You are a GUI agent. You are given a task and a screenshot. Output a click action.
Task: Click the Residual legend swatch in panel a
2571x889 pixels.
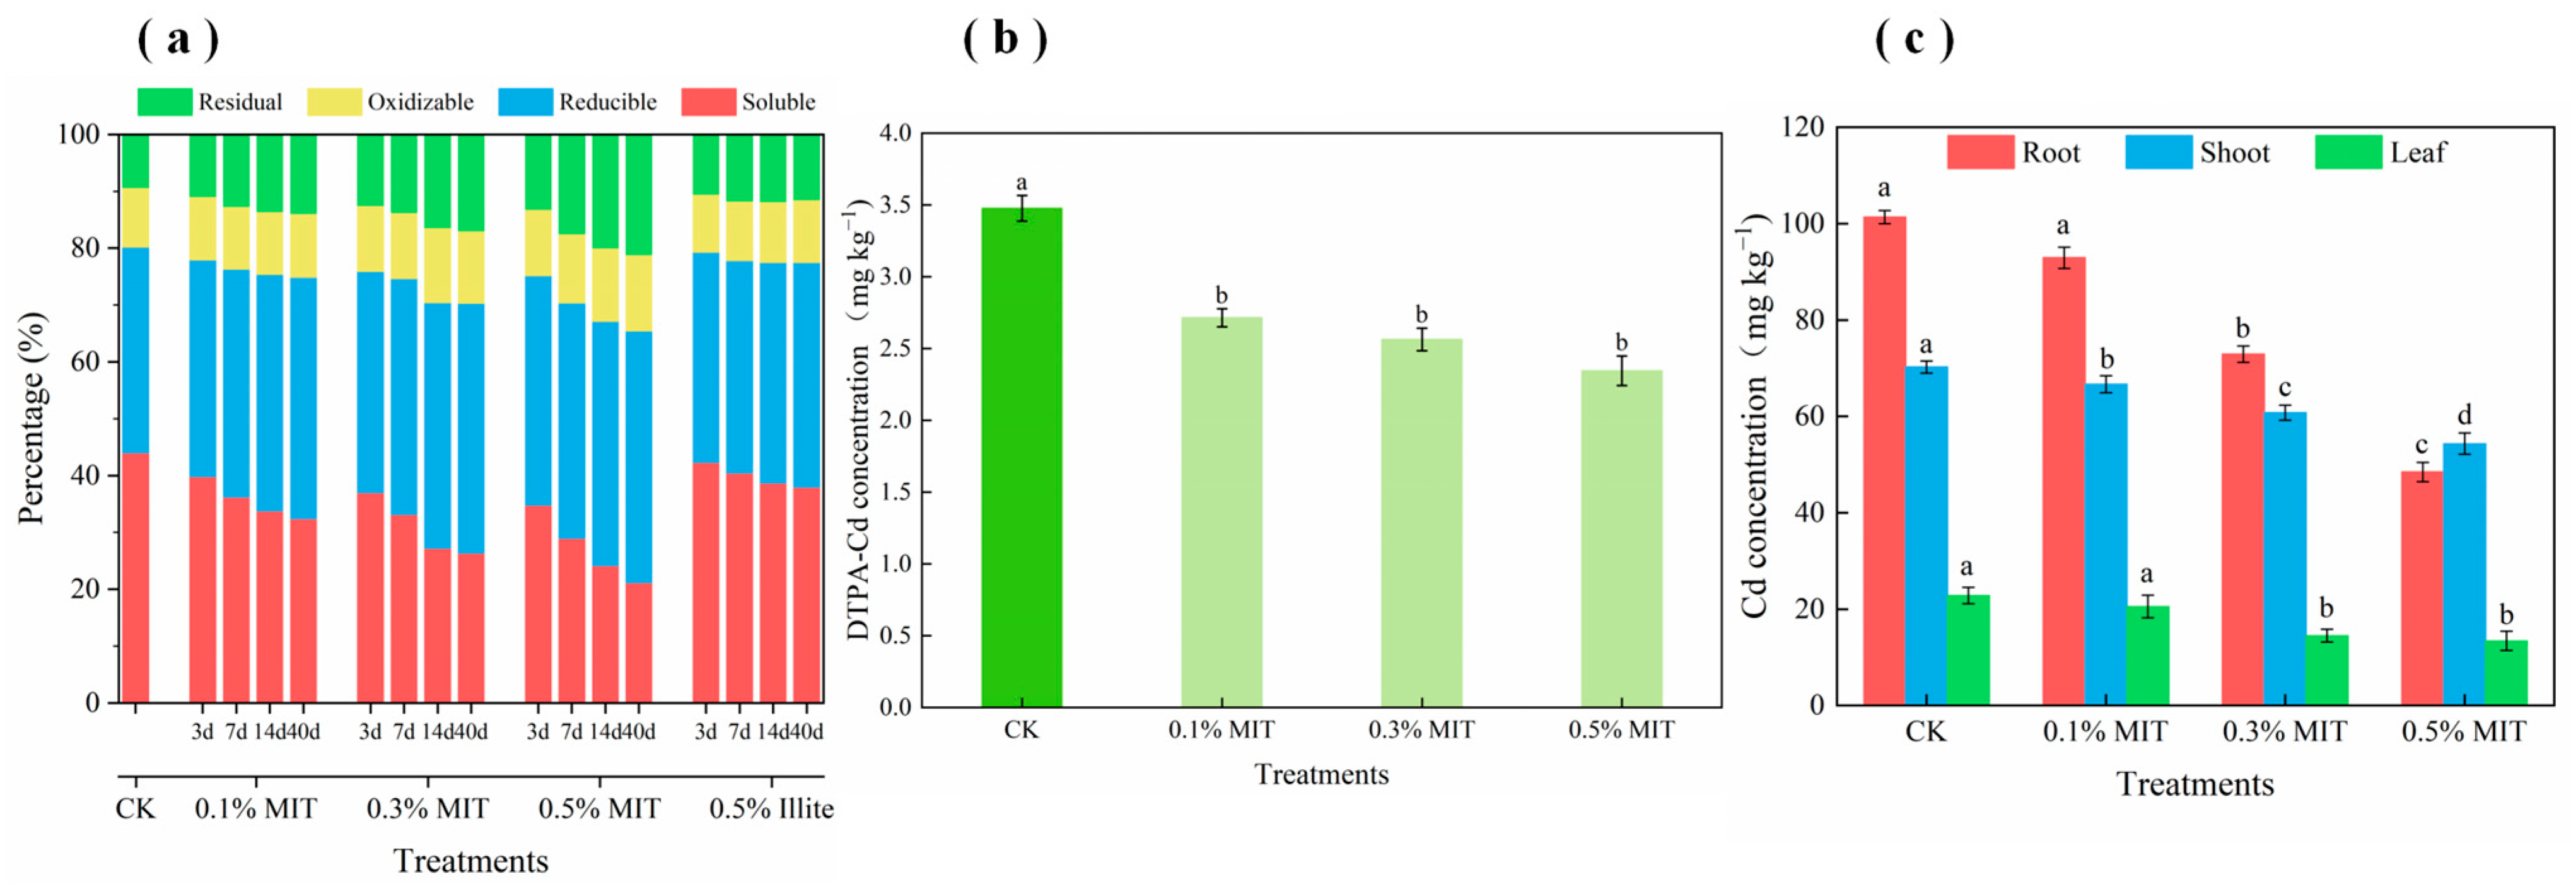tap(165, 102)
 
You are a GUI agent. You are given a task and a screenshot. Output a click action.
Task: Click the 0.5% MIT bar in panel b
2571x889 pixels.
tap(1621, 539)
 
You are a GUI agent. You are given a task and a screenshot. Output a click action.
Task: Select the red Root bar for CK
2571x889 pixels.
tap(1884, 459)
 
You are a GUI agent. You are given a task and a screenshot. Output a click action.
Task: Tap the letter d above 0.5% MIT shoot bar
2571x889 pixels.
tap(2464, 415)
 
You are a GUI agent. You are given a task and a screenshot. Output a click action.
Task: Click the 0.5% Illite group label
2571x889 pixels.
tap(771, 808)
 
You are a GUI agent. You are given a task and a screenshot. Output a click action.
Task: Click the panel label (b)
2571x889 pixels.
tap(1005, 40)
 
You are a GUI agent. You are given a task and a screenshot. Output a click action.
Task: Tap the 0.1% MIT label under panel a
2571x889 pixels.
tap(255, 808)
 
